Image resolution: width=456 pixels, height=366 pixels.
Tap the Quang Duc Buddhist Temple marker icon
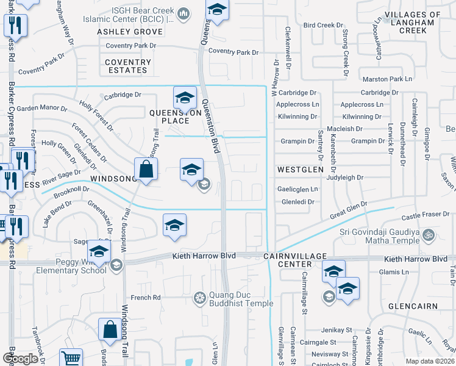point(199,298)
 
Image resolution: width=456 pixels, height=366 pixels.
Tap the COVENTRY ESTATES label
point(127,66)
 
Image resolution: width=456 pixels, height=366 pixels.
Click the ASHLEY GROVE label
point(126,31)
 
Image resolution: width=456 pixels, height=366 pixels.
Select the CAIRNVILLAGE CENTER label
point(296,260)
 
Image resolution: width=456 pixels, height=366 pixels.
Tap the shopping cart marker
point(71,358)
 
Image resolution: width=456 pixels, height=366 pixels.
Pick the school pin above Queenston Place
point(185,96)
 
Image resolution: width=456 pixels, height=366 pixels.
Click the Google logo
point(20,359)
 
